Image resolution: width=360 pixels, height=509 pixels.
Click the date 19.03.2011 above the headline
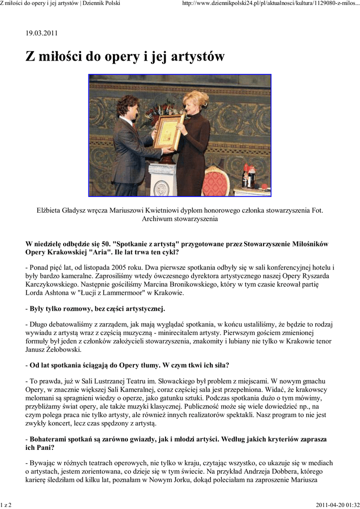42,33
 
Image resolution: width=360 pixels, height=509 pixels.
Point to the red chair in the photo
215,181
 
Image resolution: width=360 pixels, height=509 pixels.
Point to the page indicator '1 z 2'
6,505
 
